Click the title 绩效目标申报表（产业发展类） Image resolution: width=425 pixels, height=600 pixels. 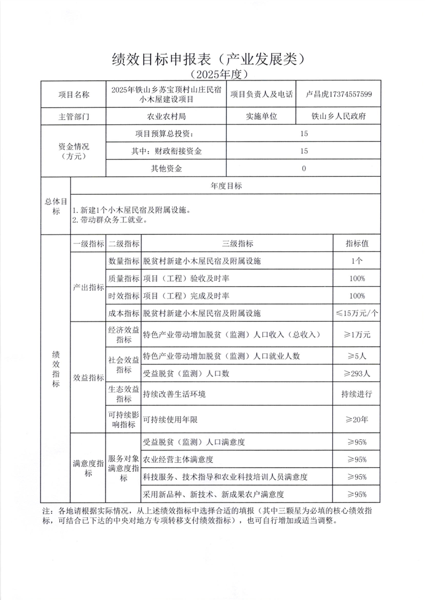[210, 58]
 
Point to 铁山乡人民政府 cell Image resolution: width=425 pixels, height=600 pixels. [339, 116]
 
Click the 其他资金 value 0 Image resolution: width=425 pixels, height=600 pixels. [304, 169]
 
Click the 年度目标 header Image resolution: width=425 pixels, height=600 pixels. [225, 186]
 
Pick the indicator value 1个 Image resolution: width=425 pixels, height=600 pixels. [357, 261]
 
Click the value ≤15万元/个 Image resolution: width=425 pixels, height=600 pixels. [357, 313]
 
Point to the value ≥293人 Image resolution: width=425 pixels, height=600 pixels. [357, 374]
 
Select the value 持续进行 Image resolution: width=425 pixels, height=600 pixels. [357, 394]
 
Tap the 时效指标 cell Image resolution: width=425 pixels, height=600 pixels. [124, 296]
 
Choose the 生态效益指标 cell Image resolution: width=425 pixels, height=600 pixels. [124, 394]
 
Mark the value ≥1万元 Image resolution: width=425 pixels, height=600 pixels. [357, 335]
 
